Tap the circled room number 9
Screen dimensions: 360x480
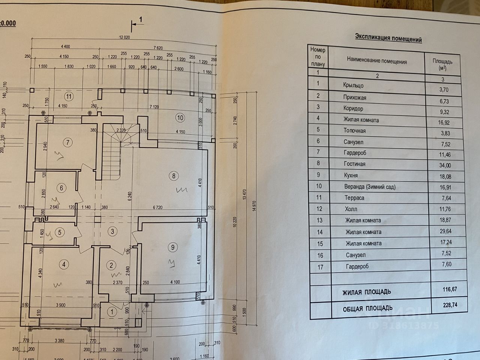click(172, 247)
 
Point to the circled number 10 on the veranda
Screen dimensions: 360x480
click(180, 118)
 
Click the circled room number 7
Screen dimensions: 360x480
click(68, 142)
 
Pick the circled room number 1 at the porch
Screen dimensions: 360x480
click(112, 311)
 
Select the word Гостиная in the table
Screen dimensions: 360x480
click(354, 164)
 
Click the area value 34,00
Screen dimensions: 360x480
click(445, 165)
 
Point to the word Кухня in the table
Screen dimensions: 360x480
click(351, 175)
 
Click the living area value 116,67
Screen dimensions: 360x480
click(449, 289)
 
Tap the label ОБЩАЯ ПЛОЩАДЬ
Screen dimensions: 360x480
click(367, 309)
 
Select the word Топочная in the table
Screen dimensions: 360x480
click(354, 131)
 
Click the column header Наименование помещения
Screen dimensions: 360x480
click(376, 61)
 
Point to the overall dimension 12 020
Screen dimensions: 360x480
click(124, 37)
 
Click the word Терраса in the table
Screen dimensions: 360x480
click(354, 198)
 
